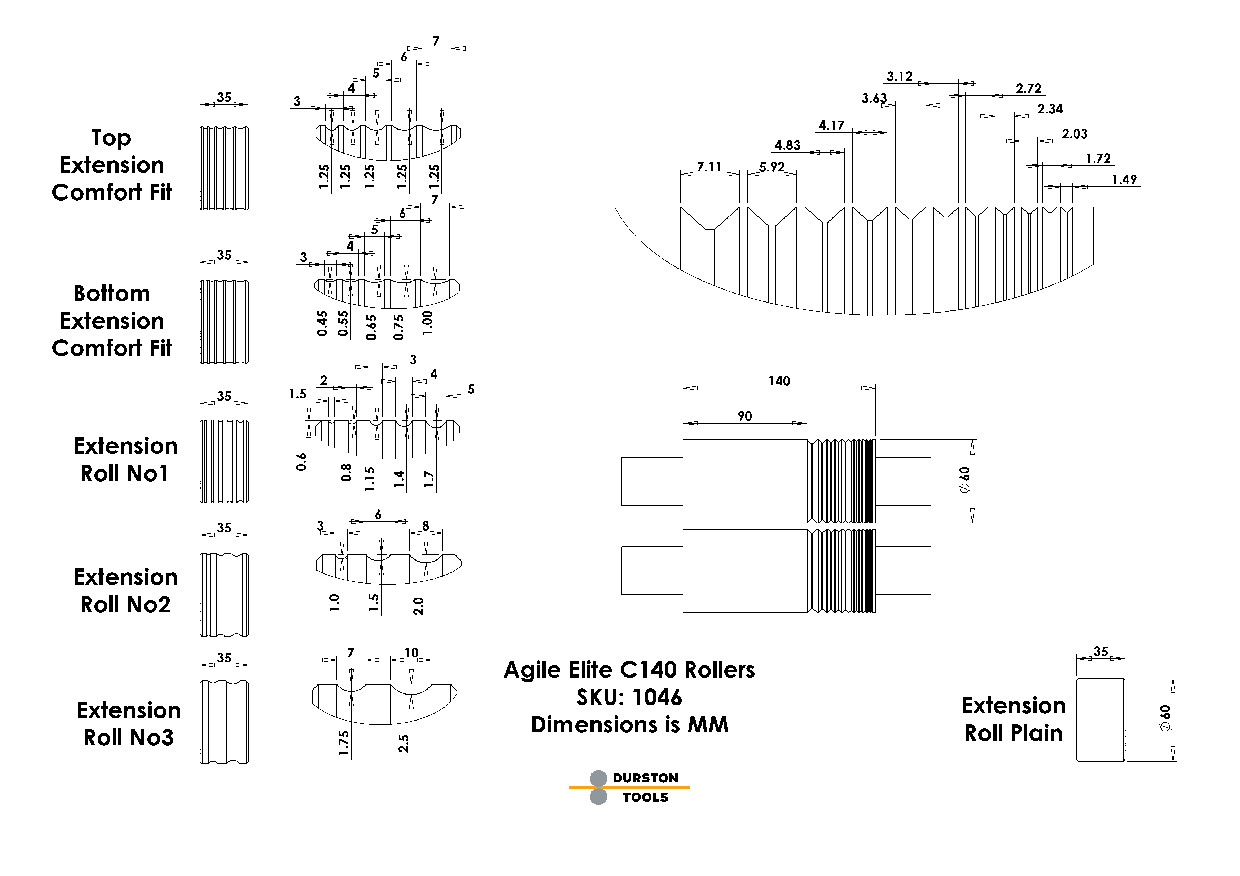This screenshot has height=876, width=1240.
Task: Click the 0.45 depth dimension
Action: [x=322, y=323]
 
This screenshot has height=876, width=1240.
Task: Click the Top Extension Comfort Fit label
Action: [x=112, y=164]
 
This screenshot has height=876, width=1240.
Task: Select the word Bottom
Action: [x=112, y=294]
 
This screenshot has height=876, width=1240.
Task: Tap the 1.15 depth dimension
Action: [x=369, y=479]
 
